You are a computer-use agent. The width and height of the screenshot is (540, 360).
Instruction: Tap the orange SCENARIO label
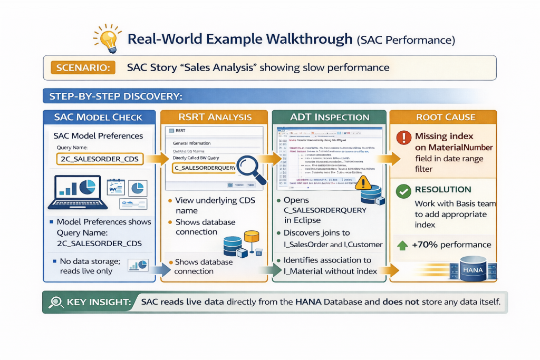tap(76, 67)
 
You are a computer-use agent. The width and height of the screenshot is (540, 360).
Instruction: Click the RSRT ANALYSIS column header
tap(217, 117)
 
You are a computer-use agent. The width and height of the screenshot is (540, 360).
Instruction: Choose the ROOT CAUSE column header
tap(446, 117)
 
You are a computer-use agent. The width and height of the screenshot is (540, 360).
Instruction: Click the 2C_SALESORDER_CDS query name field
tap(99, 159)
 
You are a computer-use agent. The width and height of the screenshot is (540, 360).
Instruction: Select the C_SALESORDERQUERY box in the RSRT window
tap(202, 168)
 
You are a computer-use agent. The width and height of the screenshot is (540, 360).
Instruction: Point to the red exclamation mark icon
tap(403, 138)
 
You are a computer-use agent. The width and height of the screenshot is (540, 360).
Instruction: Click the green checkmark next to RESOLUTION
tap(403, 191)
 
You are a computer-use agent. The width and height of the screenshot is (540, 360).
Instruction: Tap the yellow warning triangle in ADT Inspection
tap(364, 182)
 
